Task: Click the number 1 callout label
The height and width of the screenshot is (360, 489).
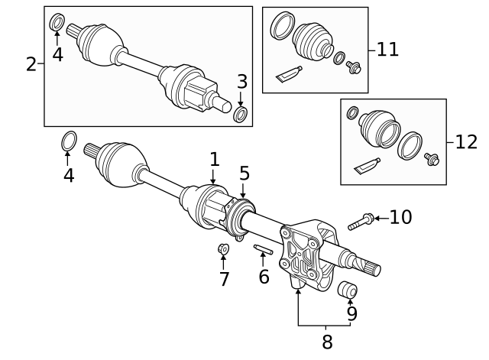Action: (x=215, y=160)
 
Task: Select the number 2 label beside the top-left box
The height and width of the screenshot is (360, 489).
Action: (x=31, y=64)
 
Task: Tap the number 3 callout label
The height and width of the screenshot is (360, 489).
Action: (x=241, y=81)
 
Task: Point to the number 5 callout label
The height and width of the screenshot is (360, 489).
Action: (x=244, y=174)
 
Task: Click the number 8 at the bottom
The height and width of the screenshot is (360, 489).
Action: (x=327, y=342)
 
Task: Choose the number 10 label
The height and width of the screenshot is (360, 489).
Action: (x=400, y=218)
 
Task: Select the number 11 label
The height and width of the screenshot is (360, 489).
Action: (x=387, y=50)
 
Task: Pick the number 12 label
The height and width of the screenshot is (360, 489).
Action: (x=466, y=141)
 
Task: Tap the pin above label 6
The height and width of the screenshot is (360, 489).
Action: (x=263, y=249)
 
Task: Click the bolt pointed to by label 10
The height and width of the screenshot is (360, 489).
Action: (x=360, y=222)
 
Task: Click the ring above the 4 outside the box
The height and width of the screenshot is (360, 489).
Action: (x=68, y=141)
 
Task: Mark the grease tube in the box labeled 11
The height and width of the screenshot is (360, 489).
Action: (x=289, y=73)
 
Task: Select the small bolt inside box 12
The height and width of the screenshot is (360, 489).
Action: (x=432, y=160)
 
